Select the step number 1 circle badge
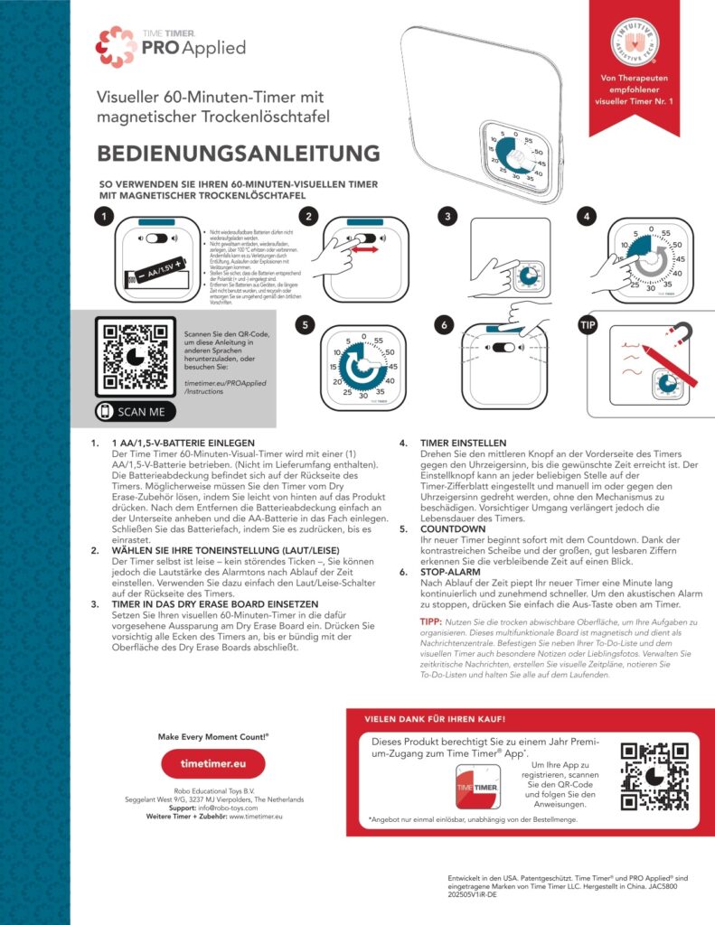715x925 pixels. (x=107, y=218)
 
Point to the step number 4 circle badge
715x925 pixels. (x=588, y=218)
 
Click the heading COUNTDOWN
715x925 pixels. (x=455, y=528)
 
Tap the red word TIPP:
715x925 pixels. (x=431, y=622)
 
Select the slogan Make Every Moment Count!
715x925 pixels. (x=212, y=736)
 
